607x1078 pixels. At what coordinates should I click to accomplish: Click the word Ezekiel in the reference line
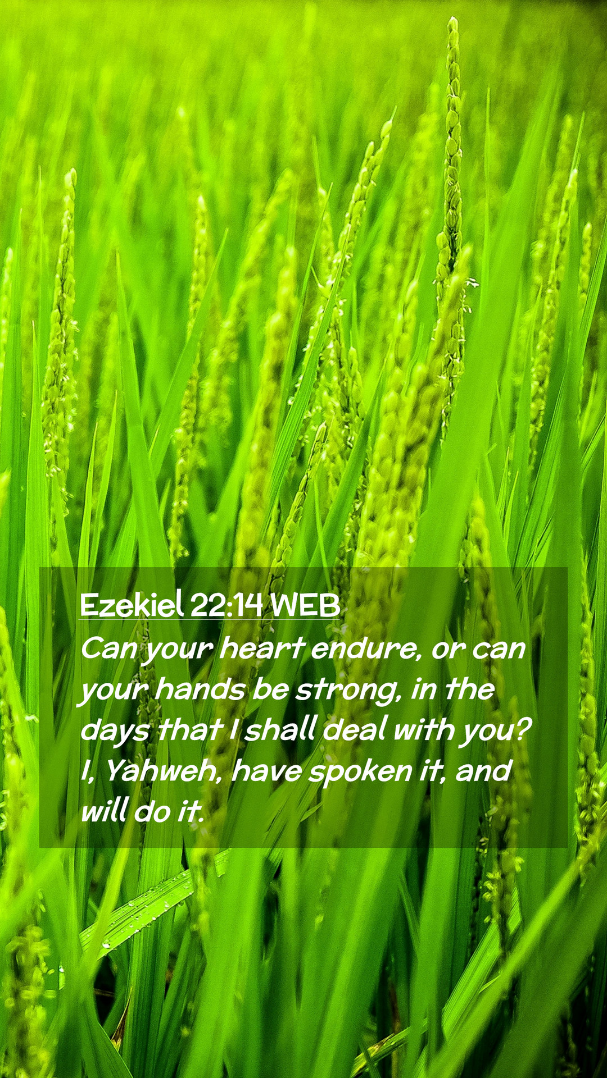coord(132,605)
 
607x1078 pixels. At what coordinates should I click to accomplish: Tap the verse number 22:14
coord(227,605)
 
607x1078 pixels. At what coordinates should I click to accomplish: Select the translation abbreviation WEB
coord(305,605)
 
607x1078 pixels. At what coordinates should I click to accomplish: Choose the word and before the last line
coord(483,771)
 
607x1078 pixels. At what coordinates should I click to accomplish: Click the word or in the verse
coord(448,651)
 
